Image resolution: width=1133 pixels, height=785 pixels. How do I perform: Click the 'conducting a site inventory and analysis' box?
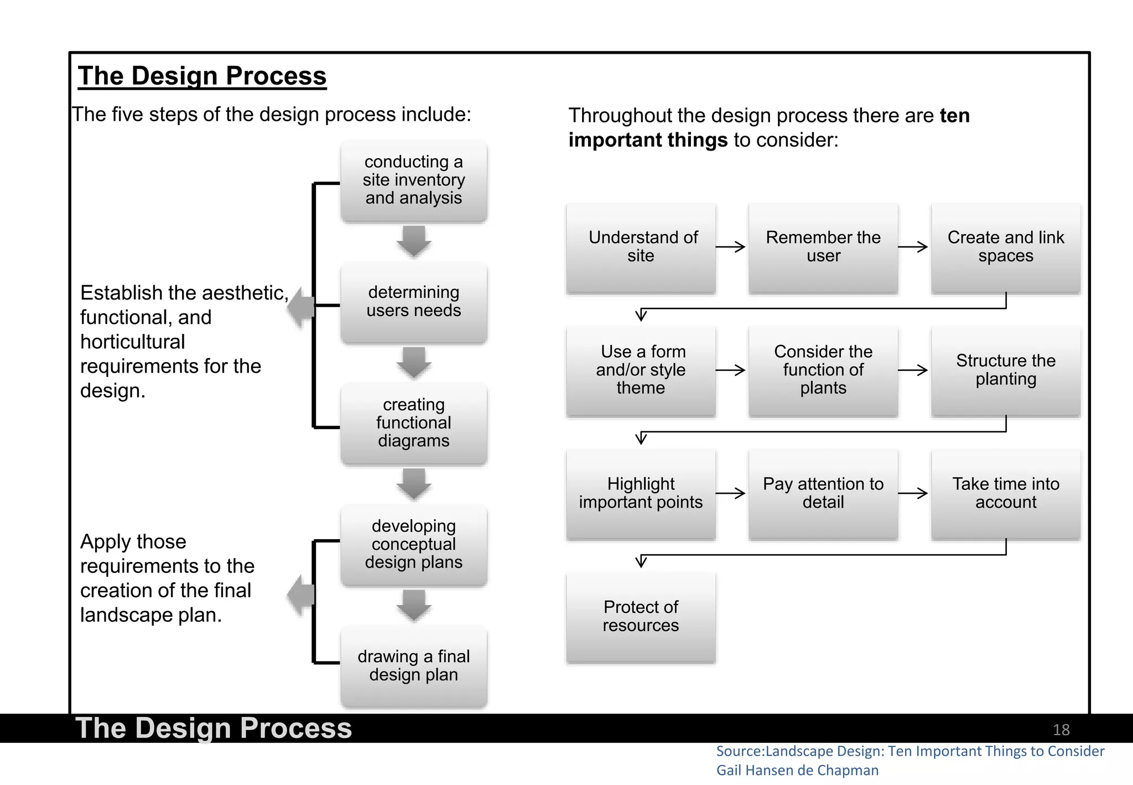pyautogui.click(x=414, y=180)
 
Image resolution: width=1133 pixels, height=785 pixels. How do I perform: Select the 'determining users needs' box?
pyautogui.click(x=414, y=302)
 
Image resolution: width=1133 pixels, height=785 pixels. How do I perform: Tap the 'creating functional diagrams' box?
pyautogui.click(x=414, y=424)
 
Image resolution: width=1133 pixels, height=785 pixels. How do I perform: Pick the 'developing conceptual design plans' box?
pyautogui.click(x=414, y=545)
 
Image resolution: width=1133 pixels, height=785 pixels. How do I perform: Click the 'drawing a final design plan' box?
pyautogui.click(x=414, y=666)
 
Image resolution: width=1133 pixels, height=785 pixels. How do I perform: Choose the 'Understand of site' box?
pyautogui.click(x=641, y=247)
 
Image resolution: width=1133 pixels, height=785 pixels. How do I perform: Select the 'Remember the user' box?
pyautogui.click(x=823, y=247)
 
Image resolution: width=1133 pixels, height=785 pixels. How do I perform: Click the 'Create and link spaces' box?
pyautogui.click(x=1006, y=247)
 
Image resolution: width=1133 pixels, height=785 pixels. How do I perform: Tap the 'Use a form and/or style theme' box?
pyautogui.click(x=641, y=370)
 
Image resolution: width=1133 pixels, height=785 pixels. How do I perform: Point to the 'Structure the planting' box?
pyautogui.click(x=1006, y=370)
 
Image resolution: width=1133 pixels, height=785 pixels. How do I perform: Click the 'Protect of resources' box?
pyautogui.click(x=641, y=617)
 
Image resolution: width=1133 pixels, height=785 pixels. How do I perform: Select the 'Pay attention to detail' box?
pyautogui.click(x=823, y=494)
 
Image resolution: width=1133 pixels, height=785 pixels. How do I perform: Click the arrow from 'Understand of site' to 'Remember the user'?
pyautogui.click(x=731, y=247)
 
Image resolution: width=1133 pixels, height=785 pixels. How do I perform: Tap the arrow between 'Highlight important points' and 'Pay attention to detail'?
pyautogui.click(x=731, y=493)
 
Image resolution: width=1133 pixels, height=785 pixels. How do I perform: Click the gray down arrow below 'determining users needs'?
pyautogui.click(x=414, y=363)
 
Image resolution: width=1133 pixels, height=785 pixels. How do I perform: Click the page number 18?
pyautogui.click(x=1061, y=730)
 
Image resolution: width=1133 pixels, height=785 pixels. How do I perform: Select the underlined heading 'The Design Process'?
pyautogui.click(x=202, y=76)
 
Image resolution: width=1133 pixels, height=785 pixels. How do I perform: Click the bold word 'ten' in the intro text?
pyautogui.click(x=954, y=116)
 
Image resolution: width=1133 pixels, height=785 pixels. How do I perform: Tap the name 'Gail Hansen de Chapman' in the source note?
pyautogui.click(x=797, y=771)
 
